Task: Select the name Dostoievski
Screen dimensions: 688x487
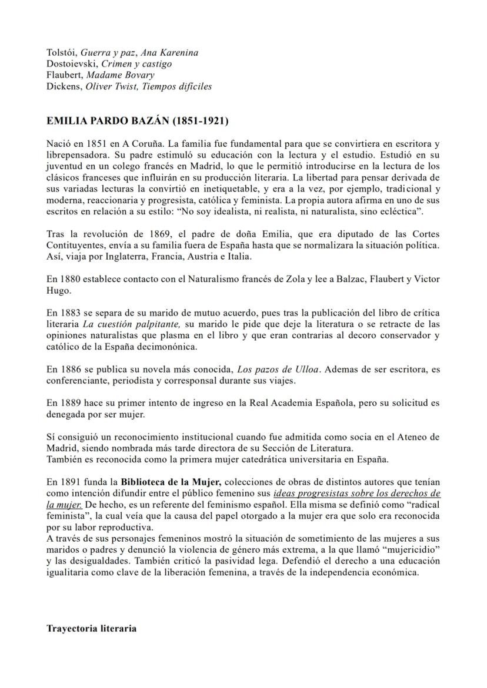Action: (x=66, y=64)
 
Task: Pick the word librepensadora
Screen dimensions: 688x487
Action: (x=75, y=153)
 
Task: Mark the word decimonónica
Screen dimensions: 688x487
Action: (x=168, y=347)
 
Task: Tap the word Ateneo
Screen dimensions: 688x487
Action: (x=412, y=437)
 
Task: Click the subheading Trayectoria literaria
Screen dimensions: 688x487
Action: (x=91, y=628)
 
